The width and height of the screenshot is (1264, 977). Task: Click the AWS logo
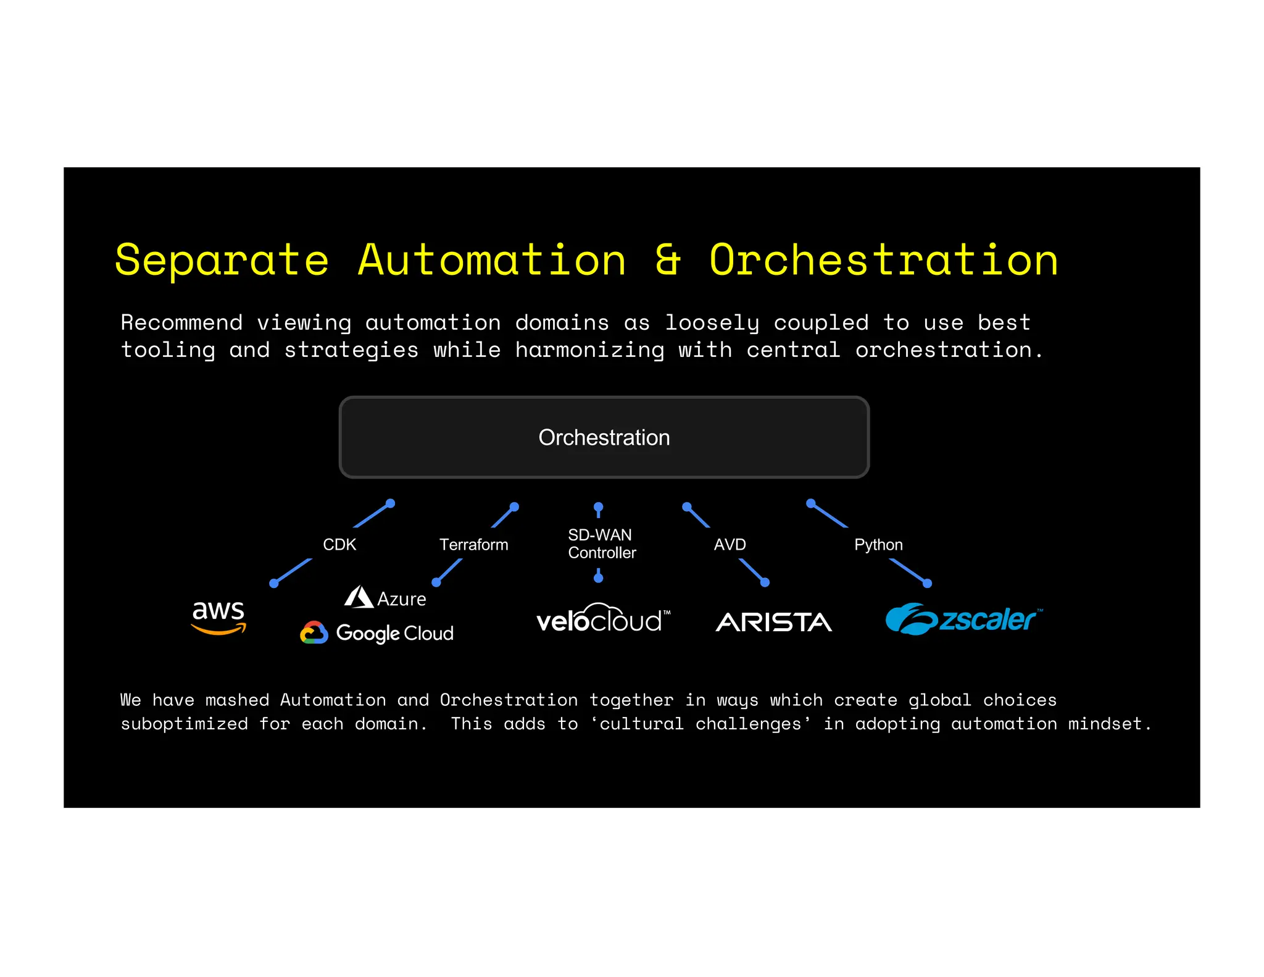(x=218, y=616)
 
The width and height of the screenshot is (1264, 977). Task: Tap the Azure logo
(x=385, y=598)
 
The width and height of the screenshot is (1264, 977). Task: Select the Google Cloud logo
(x=376, y=633)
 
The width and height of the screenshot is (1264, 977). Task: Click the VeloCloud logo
(x=602, y=619)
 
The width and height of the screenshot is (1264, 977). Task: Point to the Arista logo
(x=773, y=622)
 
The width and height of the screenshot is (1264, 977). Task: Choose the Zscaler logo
(x=963, y=619)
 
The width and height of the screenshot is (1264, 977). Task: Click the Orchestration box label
(x=604, y=437)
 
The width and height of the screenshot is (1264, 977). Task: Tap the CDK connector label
(x=339, y=545)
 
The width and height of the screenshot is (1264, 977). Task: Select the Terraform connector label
(x=473, y=545)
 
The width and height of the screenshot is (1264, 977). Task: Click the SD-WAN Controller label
(x=601, y=543)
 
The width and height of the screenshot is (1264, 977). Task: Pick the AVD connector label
(x=730, y=545)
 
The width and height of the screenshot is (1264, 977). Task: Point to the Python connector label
(x=878, y=545)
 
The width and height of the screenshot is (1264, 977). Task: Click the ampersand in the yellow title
(x=668, y=259)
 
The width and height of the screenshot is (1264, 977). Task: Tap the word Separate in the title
(x=222, y=261)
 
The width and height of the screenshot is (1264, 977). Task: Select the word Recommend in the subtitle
(x=181, y=322)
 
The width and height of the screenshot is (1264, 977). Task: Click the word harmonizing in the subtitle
(x=589, y=350)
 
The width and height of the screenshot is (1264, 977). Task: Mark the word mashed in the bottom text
(x=237, y=700)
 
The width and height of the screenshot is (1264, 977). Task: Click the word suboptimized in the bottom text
(x=184, y=723)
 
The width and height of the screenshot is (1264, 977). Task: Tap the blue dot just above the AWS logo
(x=274, y=584)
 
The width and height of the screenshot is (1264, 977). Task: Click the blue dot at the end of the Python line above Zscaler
(x=927, y=583)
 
